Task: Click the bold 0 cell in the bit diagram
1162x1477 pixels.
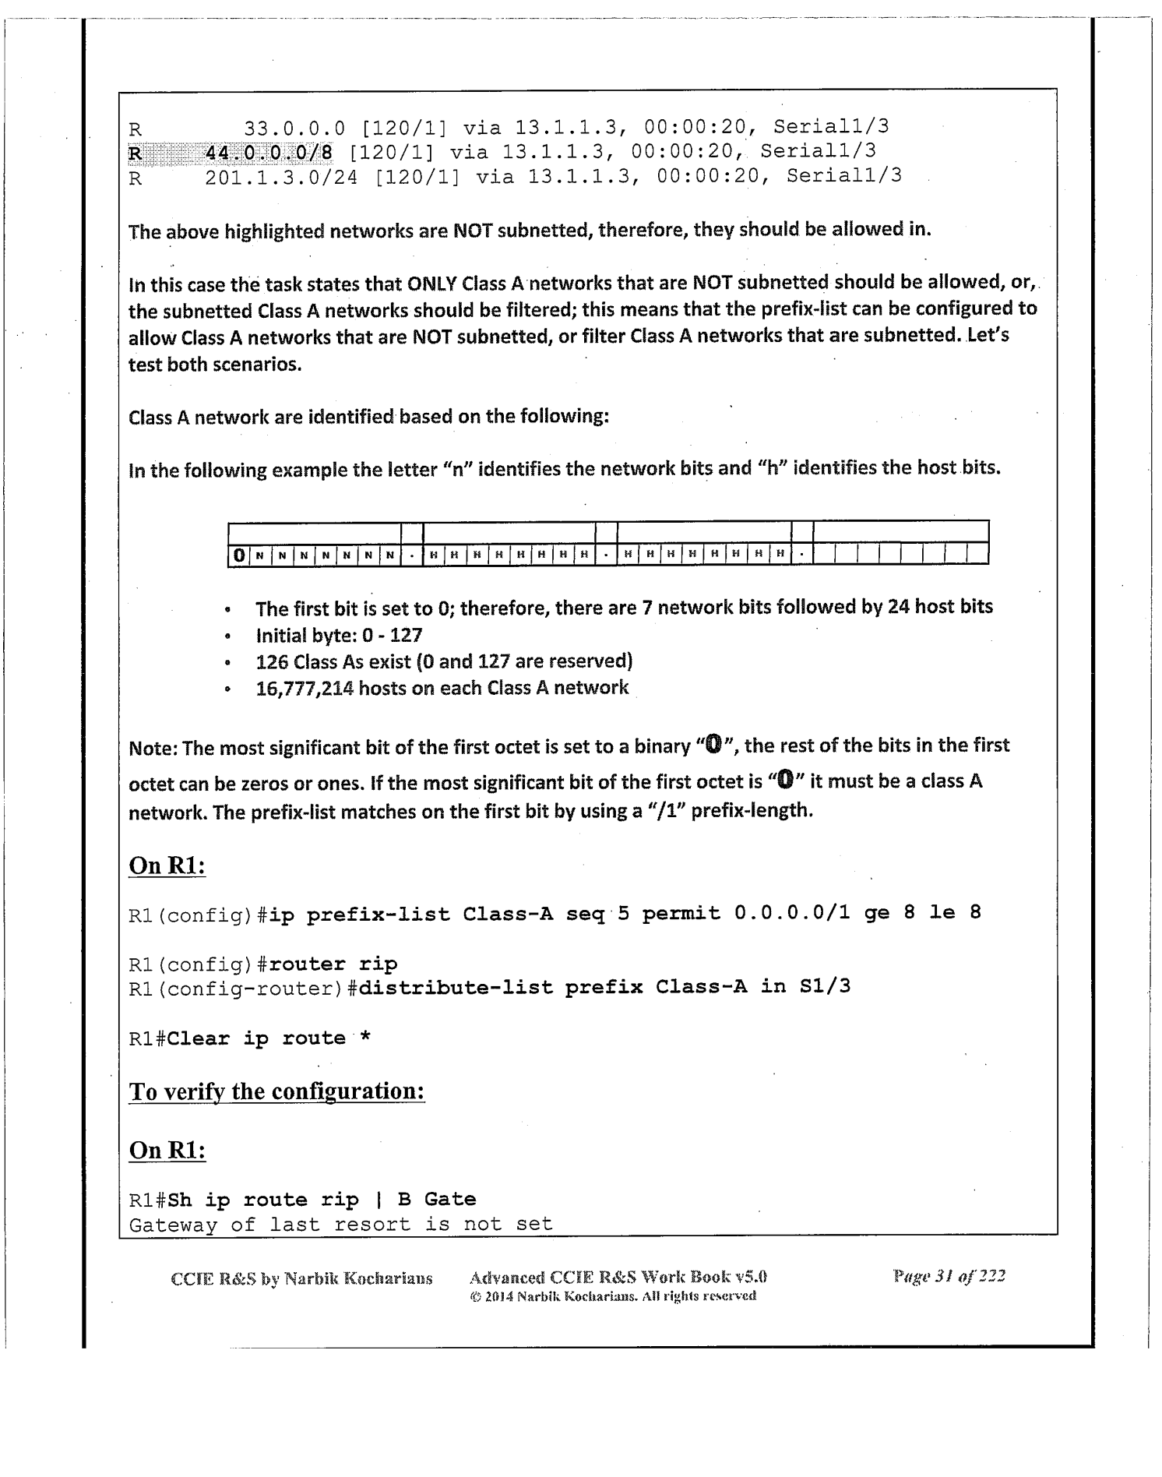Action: click(x=239, y=555)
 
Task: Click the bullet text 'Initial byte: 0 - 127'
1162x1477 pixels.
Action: click(x=339, y=636)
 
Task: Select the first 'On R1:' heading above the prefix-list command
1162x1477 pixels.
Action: click(x=167, y=865)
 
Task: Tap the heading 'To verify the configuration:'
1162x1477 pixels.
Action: click(x=276, y=1091)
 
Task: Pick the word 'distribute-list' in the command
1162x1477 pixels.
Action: click(x=455, y=988)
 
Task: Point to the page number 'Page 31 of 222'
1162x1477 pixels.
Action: click(x=949, y=1276)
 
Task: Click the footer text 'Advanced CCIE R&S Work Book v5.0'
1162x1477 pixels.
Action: click(x=618, y=1277)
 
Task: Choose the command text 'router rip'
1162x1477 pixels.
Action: click(x=333, y=964)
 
